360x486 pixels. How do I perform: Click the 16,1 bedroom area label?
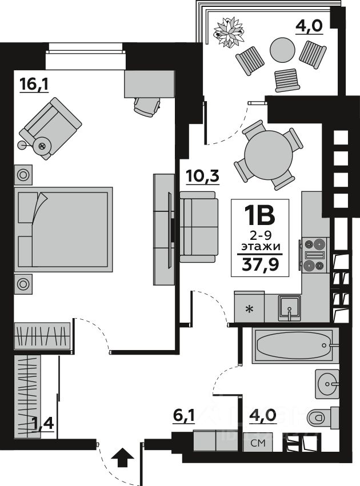[x=34, y=84]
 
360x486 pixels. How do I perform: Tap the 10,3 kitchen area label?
[x=203, y=176]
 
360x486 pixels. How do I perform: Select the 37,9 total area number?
[x=261, y=264]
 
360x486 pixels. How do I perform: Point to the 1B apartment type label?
[x=260, y=215]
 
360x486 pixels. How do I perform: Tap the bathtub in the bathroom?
[x=293, y=346]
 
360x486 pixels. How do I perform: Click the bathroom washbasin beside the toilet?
[x=327, y=384]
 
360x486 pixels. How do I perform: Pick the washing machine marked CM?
[x=258, y=443]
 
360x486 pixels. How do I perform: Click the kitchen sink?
[x=289, y=308]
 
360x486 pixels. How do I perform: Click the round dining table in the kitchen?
[x=269, y=155]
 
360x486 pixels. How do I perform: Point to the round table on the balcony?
[x=282, y=50]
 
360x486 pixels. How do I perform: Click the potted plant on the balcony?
[x=229, y=32]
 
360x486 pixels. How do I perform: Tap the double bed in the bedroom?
[x=63, y=230]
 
